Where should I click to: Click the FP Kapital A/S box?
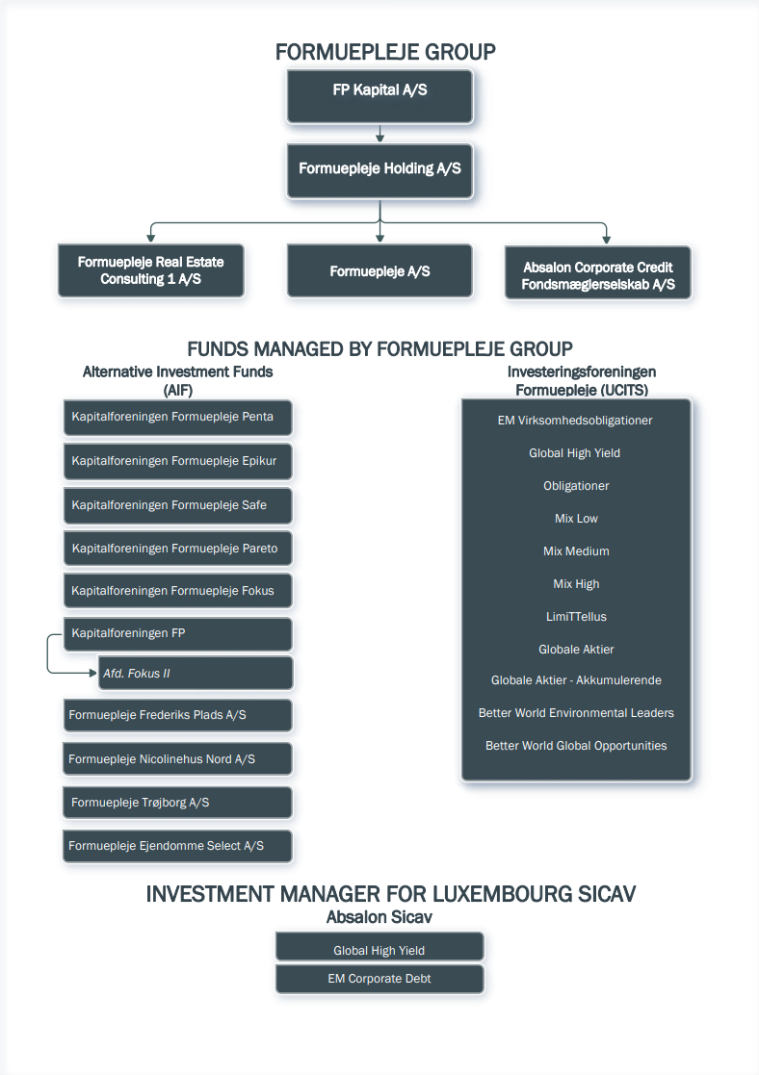click(x=379, y=96)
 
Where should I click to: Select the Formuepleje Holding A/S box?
click(x=379, y=171)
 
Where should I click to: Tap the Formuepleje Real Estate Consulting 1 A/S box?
click(x=151, y=270)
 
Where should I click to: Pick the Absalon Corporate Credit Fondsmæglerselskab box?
click(x=598, y=273)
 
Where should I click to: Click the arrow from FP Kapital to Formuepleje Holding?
click(x=379, y=134)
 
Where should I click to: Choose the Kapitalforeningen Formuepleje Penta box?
click(x=178, y=418)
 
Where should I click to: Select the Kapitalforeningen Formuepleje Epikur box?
click(x=178, y=461)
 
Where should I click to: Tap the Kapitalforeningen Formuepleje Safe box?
click(x=178, y=505)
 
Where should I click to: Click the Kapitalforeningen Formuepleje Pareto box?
click(x=178, y=549)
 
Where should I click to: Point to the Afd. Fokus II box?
click(x=196, y=674)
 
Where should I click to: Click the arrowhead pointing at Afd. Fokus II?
click(x=93, y=674)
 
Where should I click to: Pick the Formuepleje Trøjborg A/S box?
click(x=178, y=802)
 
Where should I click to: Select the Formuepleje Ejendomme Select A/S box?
click(x=178, y=846)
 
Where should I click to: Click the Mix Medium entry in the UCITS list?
click(x=576, y=551)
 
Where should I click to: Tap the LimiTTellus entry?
click(x=576, y=616)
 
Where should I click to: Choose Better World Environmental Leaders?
click(x=576, y=713)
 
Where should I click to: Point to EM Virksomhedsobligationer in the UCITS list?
click(x=575, y=421)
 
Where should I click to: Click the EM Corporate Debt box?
click(x=379, y=979)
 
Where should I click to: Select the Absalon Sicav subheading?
click(x=379, y=917)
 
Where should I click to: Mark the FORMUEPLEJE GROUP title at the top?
click(x=385, y=52)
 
